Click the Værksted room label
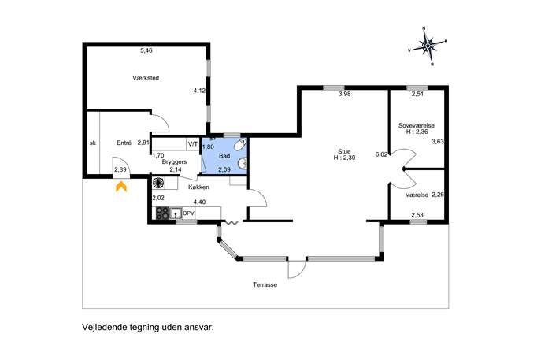(146, 78)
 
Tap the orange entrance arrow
(121, 187)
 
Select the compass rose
(428, 45)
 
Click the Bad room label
(224, 156)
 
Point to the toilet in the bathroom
(240, 145)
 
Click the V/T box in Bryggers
(193, 144)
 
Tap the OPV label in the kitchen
(188, 213)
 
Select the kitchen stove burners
(163, 213)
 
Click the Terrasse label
(265, 284)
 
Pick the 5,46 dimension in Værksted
(146, 50)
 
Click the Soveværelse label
(417, 125)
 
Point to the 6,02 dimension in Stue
(381, 154)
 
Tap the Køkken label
(198, 187)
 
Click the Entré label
(124, 143)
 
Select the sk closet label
(92, 143)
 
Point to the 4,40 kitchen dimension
(199, 202)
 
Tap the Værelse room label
(417, 195)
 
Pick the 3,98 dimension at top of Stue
(345, 94)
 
